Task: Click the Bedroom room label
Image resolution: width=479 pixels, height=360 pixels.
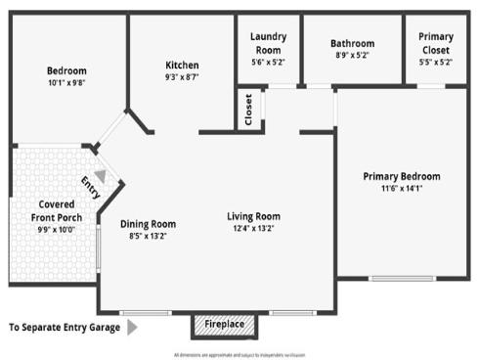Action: [66, 70]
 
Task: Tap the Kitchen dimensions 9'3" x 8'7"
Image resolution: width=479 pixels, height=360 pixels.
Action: [182, 77]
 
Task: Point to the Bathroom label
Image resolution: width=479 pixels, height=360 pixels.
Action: [352, 43]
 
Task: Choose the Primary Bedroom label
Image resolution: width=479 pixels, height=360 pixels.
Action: [401, 176]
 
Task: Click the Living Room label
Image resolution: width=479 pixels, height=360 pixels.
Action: [253, 216]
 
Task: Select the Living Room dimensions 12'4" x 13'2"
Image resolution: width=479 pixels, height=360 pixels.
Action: [253, 229]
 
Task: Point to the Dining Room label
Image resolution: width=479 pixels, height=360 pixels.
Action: [149, 223]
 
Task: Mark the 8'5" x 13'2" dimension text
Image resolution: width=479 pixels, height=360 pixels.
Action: [149, 236]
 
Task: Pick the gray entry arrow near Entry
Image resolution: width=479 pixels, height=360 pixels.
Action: [100, 176]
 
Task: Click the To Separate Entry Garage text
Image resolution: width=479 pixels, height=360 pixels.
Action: [64, 327]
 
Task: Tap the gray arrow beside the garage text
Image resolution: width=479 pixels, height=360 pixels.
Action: [132, 327]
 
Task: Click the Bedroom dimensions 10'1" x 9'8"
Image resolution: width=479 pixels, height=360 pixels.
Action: [66, 84]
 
